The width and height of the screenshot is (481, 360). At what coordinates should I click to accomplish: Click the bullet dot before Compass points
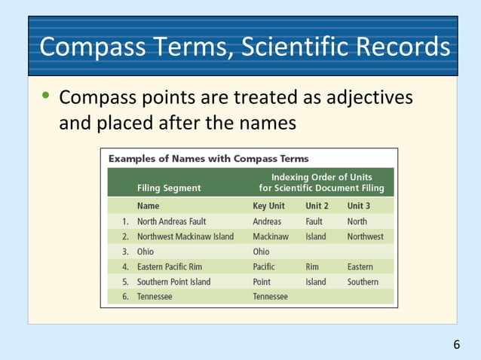click(x=46, y=97)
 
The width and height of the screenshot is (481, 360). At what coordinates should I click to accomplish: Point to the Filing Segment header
click(x=169, y=188)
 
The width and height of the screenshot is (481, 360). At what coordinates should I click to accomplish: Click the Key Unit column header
click(x=269, y=206)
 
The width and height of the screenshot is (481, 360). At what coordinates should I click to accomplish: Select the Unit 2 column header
click(x=317, y=206)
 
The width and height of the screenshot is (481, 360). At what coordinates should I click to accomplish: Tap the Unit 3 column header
click(x=358, y=206)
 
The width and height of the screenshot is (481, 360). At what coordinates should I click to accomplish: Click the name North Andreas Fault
click(x=171, y=221)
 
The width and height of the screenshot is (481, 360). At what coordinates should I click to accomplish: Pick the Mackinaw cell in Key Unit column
click(x=271, y=236)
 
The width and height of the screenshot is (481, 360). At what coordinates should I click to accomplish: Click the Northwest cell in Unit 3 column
click(x=365, y=236)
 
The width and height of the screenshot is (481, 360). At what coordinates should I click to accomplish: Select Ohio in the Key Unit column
click(x=261, y=252)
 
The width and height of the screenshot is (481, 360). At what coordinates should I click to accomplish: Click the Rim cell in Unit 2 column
click(x=312, y=267)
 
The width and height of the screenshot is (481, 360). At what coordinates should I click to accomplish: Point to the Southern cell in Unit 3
click(x=363, y=282)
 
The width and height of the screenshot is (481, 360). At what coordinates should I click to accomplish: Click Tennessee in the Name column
click(x=155, y=297)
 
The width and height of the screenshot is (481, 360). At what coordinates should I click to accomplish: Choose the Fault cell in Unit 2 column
click(x=314, y=221)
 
